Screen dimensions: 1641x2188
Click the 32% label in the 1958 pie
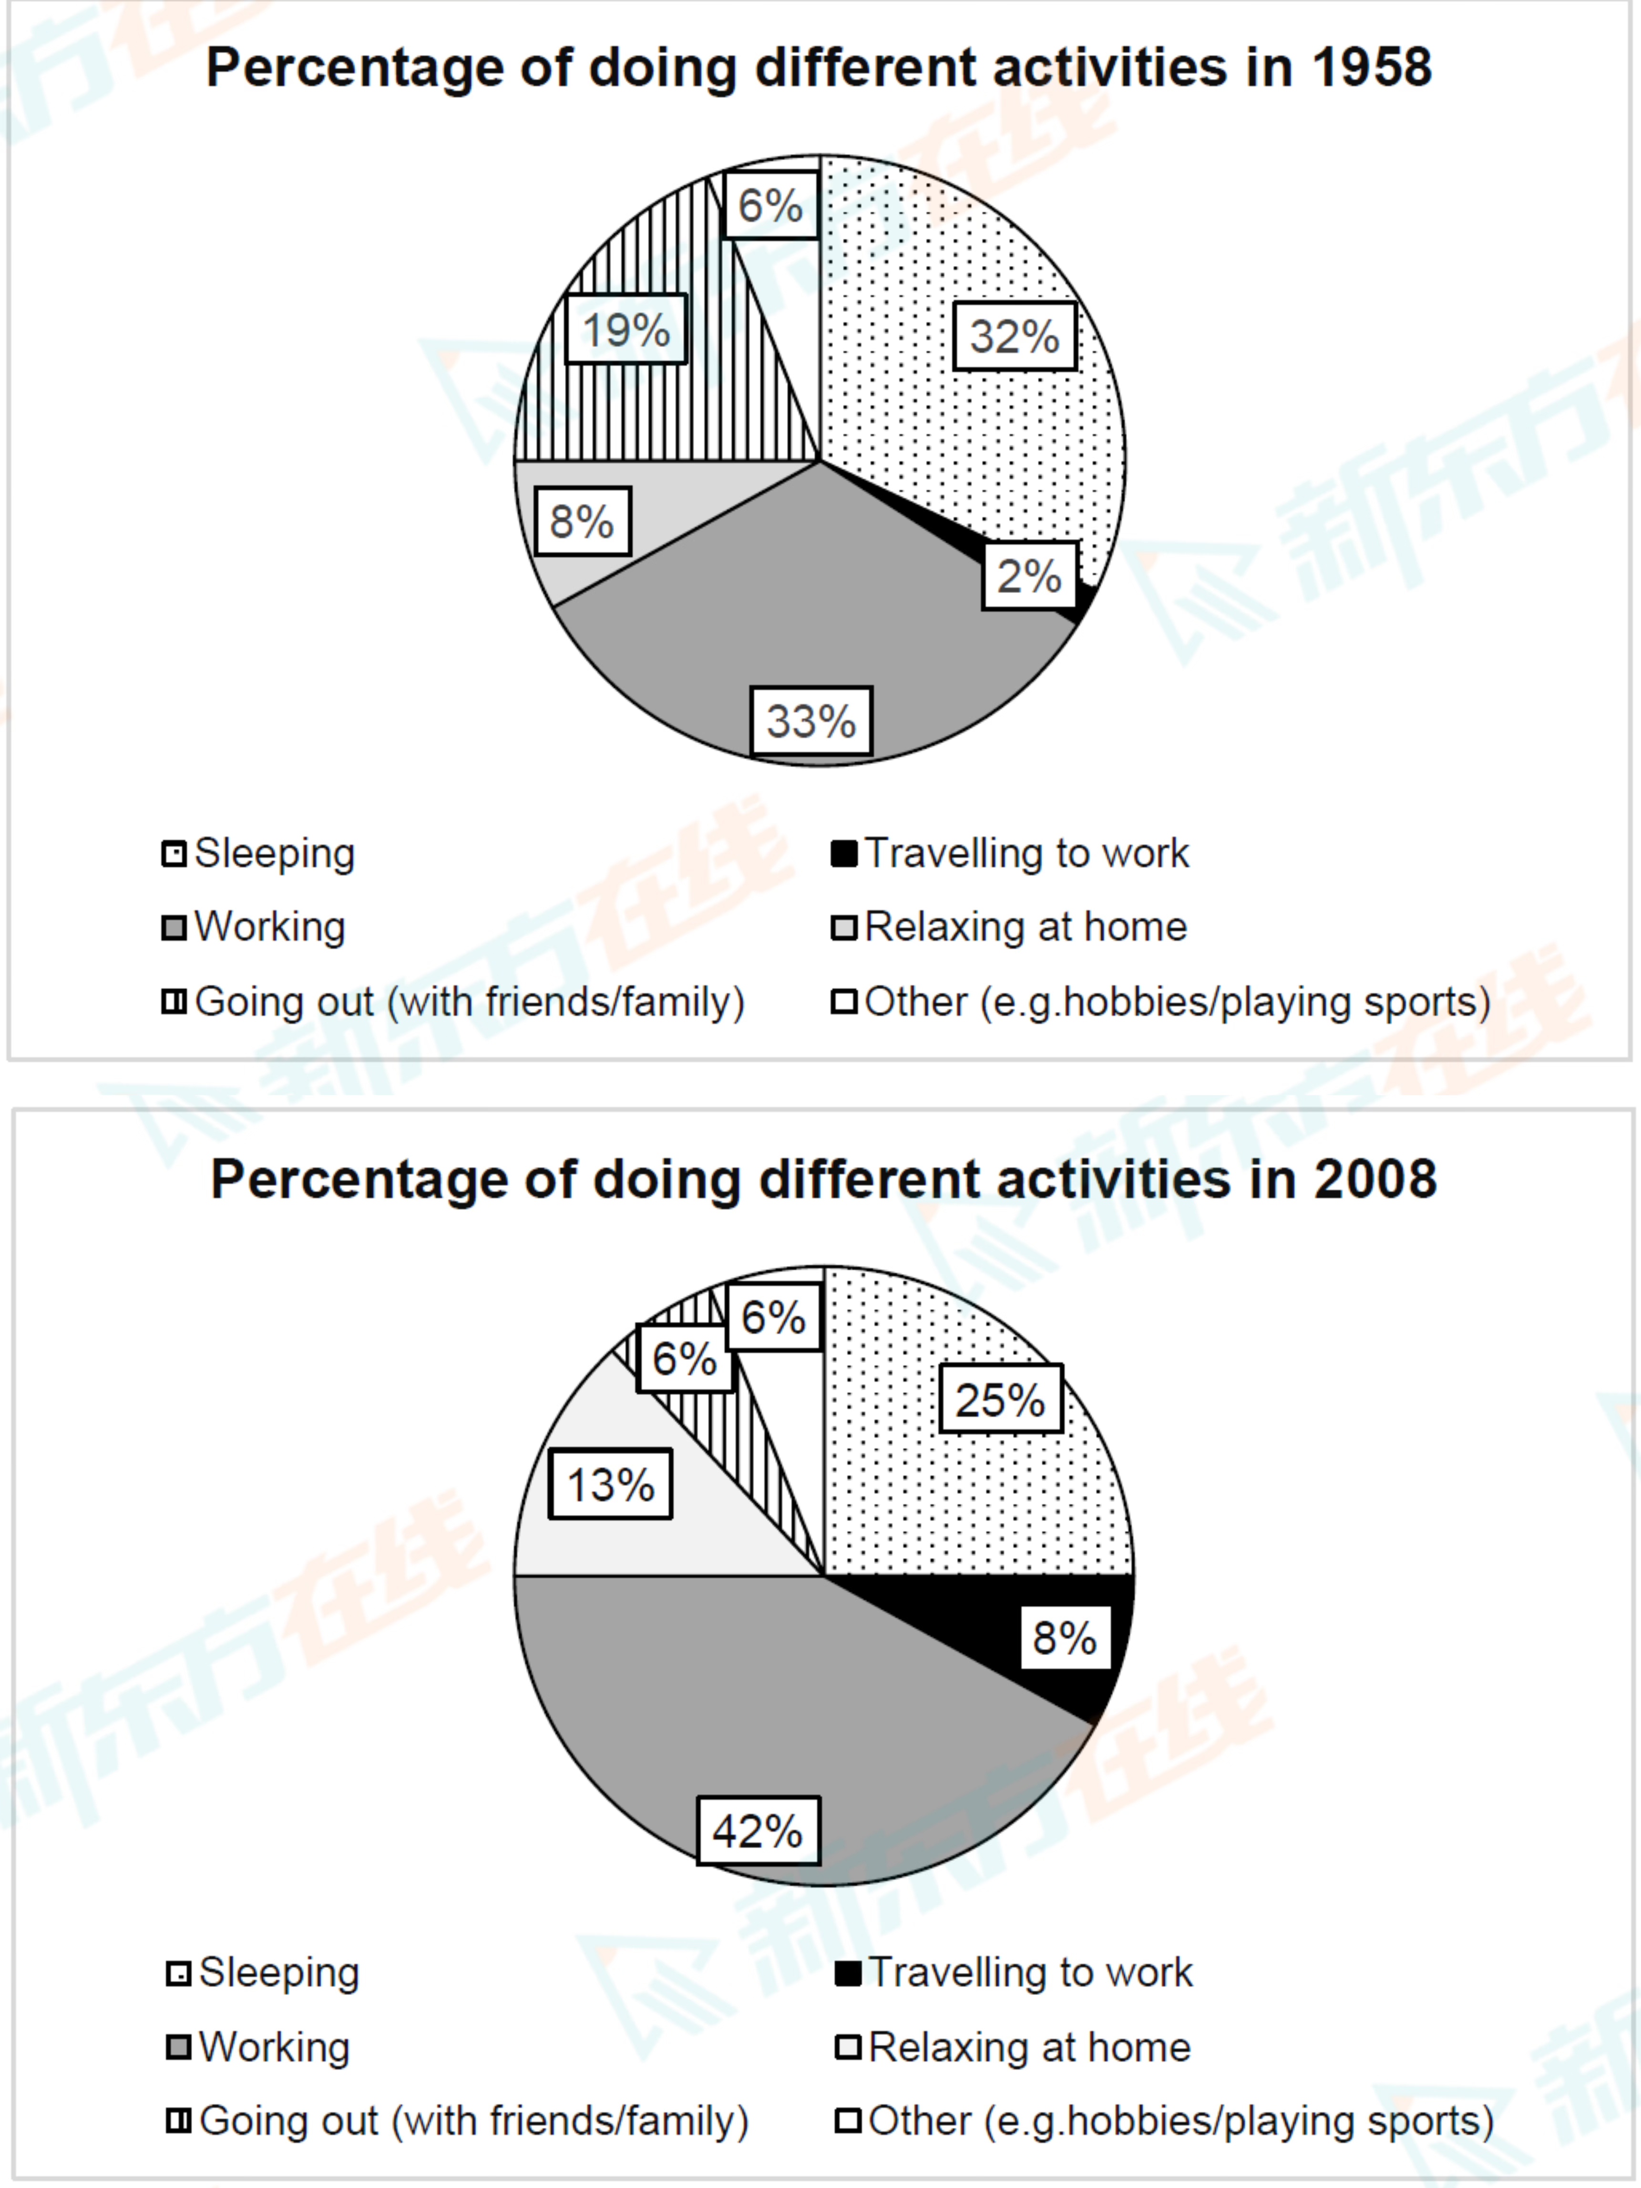(x=1015, y=337)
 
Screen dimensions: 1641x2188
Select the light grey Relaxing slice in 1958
(x=554, y=554)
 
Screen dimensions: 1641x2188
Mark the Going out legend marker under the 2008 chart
(x=178, y=2121)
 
